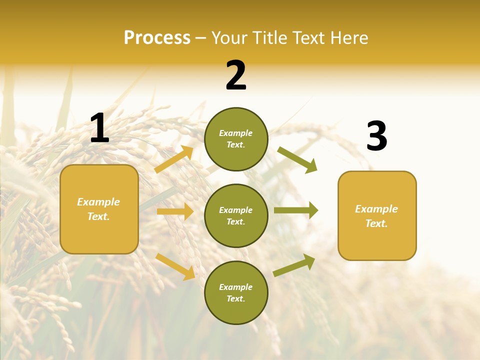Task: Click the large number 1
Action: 99,128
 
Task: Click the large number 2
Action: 236,76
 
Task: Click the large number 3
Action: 377,136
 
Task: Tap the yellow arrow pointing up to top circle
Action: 173,159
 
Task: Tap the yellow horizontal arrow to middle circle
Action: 175,211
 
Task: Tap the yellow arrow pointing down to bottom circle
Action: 175,266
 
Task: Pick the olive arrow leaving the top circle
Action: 297,160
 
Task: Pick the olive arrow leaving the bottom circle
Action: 294,265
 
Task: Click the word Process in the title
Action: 157,37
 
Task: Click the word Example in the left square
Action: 98,202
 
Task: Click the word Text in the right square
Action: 376,223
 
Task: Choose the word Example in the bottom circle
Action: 236,287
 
